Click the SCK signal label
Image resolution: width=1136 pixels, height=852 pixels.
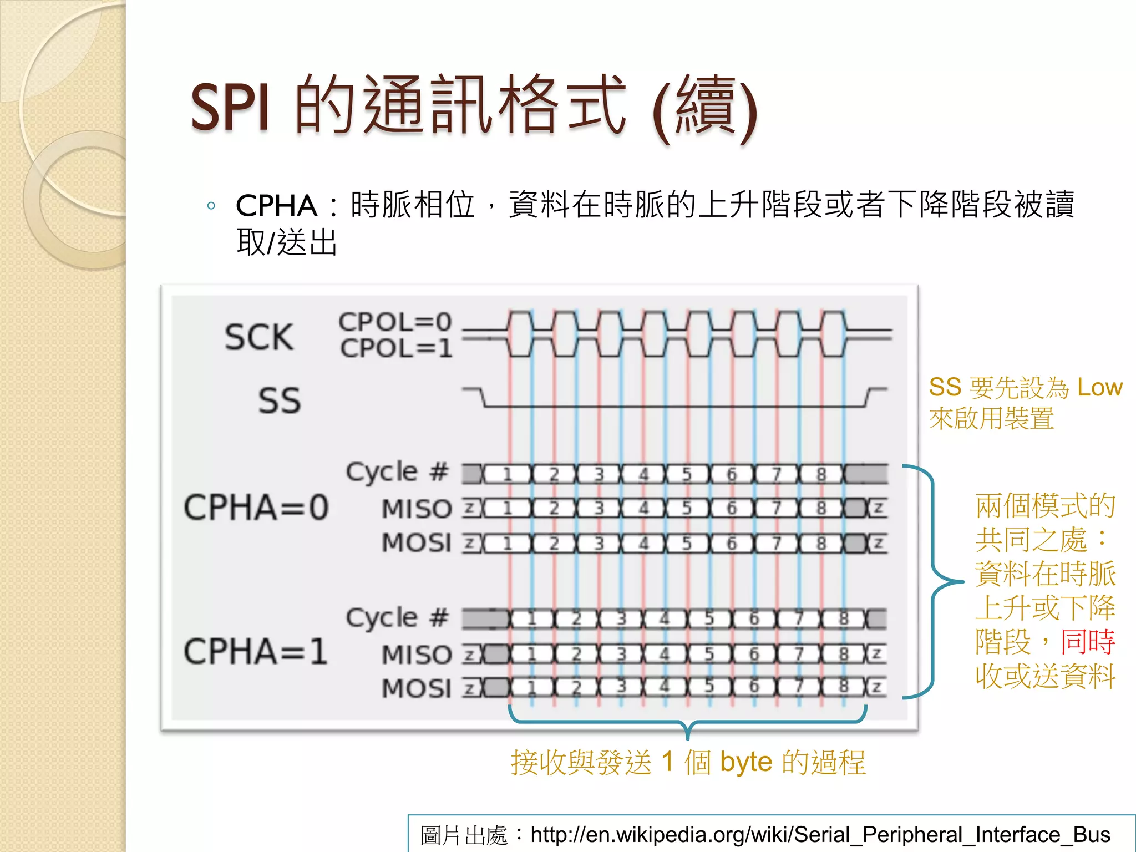coord(258,337)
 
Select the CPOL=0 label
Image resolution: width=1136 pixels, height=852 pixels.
coord(395,322)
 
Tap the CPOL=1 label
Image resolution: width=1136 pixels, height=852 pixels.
coord(396,348)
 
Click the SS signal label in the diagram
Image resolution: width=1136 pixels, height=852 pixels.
coord(279,400)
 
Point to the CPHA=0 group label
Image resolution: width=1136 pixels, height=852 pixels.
coord(256,507)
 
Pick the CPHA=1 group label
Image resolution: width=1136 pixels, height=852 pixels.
coord(256,651)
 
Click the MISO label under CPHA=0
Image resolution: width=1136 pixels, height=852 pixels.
coord(417,509)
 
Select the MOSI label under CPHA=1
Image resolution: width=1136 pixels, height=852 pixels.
coord(417,688)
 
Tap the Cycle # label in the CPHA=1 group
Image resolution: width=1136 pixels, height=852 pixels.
coord(397,617)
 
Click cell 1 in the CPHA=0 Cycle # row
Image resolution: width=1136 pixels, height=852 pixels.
coord(507,475)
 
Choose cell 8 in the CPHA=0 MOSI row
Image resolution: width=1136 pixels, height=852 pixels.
coord(821,543)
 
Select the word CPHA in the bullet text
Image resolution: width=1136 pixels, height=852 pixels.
coord(276,206)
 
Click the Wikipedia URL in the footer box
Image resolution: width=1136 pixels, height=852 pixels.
coord(820,834)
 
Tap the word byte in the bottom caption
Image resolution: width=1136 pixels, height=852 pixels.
coord(746,762)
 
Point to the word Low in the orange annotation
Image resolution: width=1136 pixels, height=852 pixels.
coord(1099,387)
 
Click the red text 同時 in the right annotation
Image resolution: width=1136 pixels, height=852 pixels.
coord(1088,642)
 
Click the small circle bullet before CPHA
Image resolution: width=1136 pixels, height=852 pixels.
coord(211,206)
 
